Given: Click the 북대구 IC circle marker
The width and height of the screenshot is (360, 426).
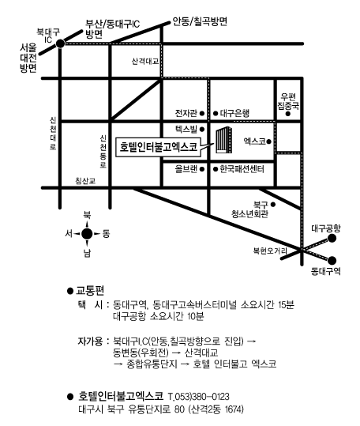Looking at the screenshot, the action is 60,43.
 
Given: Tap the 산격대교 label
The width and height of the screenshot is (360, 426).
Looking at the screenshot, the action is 145,61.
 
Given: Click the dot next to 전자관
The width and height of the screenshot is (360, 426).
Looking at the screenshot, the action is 202,113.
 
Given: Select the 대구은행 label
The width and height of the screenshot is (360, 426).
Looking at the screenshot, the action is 234,113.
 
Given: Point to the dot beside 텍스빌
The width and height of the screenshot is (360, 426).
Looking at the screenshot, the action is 202,130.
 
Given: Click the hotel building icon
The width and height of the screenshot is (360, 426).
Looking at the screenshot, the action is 224,141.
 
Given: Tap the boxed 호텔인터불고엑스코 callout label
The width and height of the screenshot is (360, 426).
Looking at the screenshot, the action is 159,147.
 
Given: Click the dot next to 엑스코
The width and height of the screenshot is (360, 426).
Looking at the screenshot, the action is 269,141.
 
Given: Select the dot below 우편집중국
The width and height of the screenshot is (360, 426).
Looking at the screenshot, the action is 288,114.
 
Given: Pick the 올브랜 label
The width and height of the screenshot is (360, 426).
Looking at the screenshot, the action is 186,169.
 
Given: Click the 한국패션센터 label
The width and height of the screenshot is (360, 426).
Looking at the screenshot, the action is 242,169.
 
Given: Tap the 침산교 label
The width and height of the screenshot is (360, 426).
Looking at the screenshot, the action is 85,181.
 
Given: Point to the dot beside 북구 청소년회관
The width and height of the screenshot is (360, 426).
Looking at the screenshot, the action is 273,204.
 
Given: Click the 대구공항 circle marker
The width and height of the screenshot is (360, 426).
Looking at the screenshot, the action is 332,239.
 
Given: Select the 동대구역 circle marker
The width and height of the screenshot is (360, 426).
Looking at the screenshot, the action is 332,261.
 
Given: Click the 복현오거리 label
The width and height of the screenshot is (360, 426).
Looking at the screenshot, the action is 270,251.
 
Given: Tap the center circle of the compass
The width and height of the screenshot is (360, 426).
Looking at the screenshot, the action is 87,234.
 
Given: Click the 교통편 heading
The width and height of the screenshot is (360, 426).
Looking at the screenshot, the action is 90,291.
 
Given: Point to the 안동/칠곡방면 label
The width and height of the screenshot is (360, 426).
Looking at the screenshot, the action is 200,21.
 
